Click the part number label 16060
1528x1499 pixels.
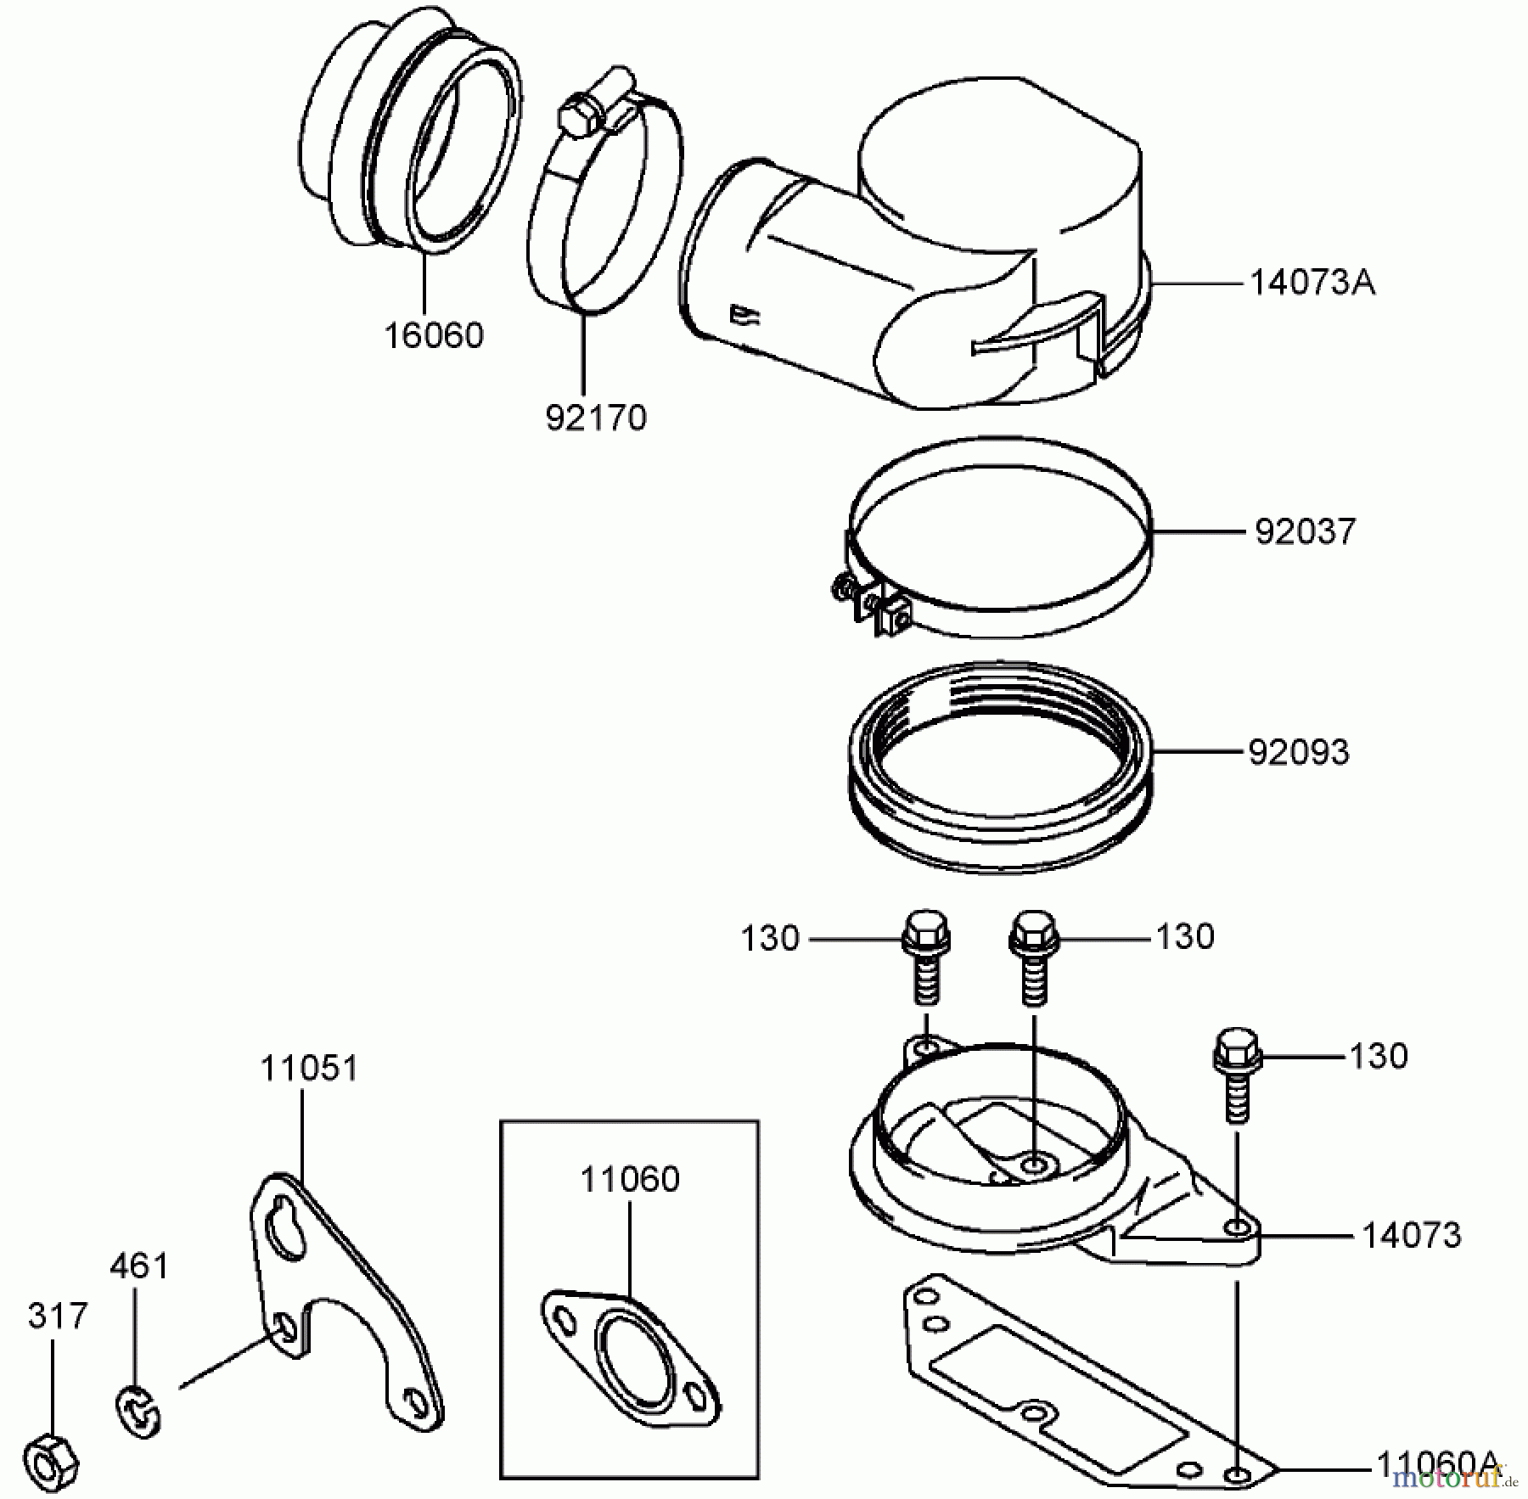(x=434, y=335)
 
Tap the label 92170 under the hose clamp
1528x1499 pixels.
(x=596, y=418)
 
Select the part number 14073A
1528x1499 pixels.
(x=1312, y=283)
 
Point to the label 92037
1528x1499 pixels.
(x=1306, y=532)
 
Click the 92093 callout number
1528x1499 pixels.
(x=1299, y=752)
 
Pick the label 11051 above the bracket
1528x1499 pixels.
(x=309, y=1068)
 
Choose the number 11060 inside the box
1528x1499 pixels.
(x=630, y=1179)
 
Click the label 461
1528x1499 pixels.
(x=139, y=1266)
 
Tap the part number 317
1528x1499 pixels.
(x=58, y=1317)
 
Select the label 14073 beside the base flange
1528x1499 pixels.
(x=1412, y=1235)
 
